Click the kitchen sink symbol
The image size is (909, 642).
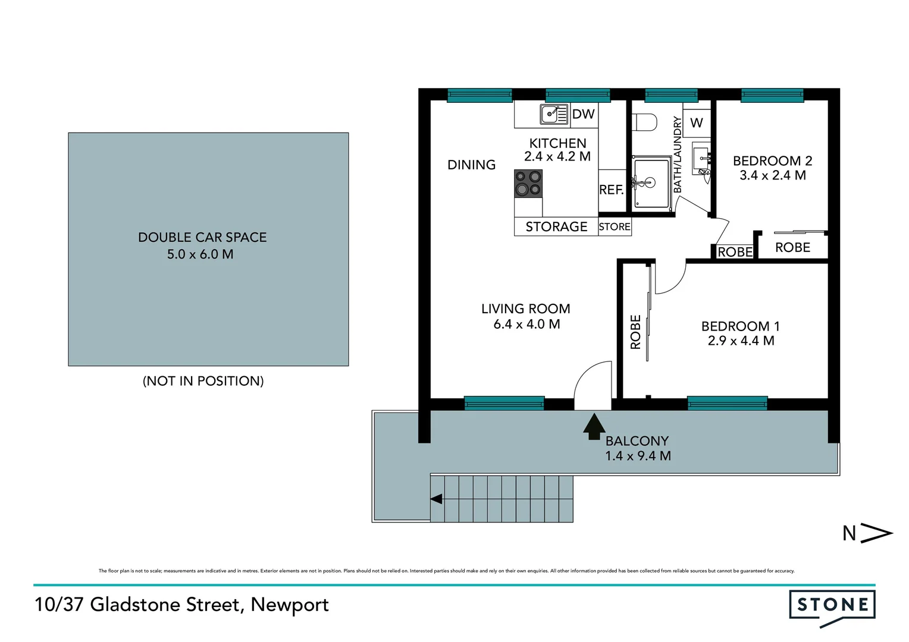pyautogui.click(x=554, y=114)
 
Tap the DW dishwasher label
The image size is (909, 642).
pyautogui.click(x=583, y=114)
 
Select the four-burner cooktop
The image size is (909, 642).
pyautogui.click(x=528, y=183)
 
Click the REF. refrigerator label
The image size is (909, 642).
pyautogui.click(x=611, y=190)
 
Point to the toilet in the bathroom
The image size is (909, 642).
pyautogui.click(x=645, y=122)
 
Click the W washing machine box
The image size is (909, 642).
pyautogui.click(x=697, y=123)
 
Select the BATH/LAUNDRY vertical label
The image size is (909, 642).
pyautogui.click(x=677, y=155)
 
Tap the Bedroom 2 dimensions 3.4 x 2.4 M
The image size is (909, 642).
pyautogui.click(x=772, y=175)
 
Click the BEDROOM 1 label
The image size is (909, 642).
pyautogui.click(x=740, y=326)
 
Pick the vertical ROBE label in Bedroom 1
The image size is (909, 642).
pyautogui.click(x=635, y=332)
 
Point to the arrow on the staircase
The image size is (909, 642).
pyautogui.click(x=436, y=499)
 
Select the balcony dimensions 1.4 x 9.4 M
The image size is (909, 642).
pyautogui.click(x=638, y=456)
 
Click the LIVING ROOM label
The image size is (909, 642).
pyautogui.click(x=525, y=309)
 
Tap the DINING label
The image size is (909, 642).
pyautogui.click(x=471, y=165)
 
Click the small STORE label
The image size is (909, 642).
pyautogui.click(x=615, y=227)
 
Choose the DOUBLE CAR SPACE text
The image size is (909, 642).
pyautogui.click(x=202, y=237)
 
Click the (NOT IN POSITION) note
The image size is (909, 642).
pyautogui.click(x=203, y=381)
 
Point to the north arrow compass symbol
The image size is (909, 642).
pyautogui.click(x=876, y=533)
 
